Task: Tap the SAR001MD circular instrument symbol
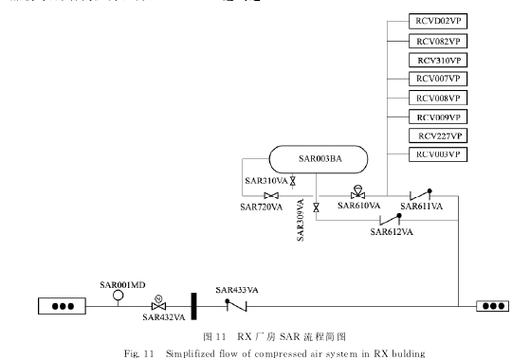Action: click(x=119, y=295)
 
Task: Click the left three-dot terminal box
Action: click(x=63, y=306)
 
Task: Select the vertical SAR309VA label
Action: click(x=301, y=221)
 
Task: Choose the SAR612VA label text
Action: click(x=392, y=230)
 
